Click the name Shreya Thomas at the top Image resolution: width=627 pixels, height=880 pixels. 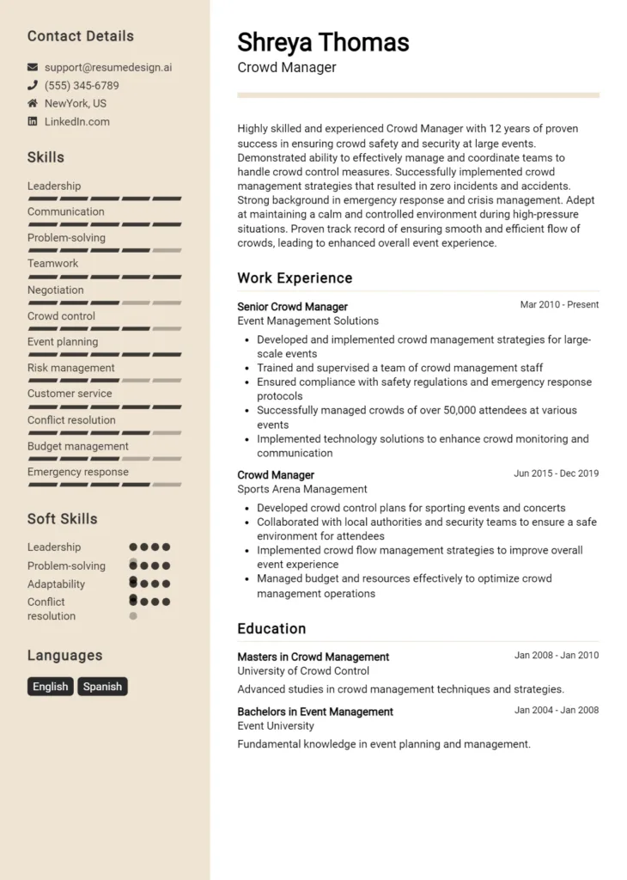pos(323,42)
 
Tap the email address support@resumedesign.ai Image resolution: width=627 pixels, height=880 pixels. pos(108,67)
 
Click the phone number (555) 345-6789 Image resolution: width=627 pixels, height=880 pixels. pos(82,85)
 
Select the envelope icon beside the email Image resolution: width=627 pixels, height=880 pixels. pos(33,67)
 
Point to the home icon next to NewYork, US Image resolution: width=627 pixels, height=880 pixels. pos(33,103)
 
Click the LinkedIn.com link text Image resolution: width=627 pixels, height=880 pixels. pos(77,121)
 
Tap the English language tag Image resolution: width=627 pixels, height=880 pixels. pos(50,687)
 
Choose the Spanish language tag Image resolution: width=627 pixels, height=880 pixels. pos(102,687)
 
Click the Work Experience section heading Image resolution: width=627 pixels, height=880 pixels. pos(295,278)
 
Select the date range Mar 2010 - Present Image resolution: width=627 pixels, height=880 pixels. pos(559,305)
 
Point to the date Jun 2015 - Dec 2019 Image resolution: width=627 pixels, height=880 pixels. pos(556,474)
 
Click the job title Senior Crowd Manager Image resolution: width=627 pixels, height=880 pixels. pos(292,307)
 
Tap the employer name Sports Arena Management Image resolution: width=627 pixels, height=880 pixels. pos(302,489)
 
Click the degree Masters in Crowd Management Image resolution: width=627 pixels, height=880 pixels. pos(313,657)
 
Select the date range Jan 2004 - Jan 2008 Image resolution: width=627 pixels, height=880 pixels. pos(556,711)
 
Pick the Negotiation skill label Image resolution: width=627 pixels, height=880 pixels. pos(56,290)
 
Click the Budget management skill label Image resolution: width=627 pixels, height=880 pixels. pos(78,446)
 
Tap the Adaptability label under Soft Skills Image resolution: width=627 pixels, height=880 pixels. pos(56,584)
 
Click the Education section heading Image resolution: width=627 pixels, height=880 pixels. pos(271,628)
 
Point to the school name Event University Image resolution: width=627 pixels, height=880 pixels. pos(276,726)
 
